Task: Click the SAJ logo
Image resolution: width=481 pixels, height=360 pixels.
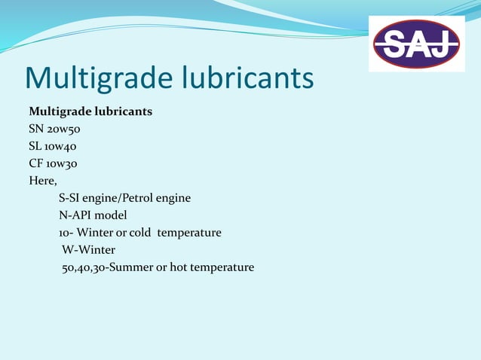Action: click(x=417, y=44)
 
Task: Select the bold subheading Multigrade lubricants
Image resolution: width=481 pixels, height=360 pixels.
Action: click(x=90, y=111)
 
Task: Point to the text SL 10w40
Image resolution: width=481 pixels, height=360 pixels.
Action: click(x=52, y=146)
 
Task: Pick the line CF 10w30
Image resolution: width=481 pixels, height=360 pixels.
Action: click(x=53, y=163)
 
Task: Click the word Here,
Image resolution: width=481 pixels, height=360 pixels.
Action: click(x=43, y=181)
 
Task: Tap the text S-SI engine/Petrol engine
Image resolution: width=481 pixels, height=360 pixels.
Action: click(x=124, y=198)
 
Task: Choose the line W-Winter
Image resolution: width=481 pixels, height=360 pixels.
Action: click(x=88, y=250)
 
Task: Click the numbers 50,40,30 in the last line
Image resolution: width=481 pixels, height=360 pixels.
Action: click(x=84, y=267)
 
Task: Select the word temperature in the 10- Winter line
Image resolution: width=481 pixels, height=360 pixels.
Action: click(x=194, y=233)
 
